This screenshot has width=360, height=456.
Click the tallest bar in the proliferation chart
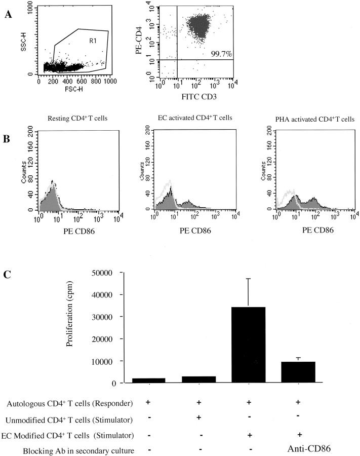[x=248, y=345]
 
